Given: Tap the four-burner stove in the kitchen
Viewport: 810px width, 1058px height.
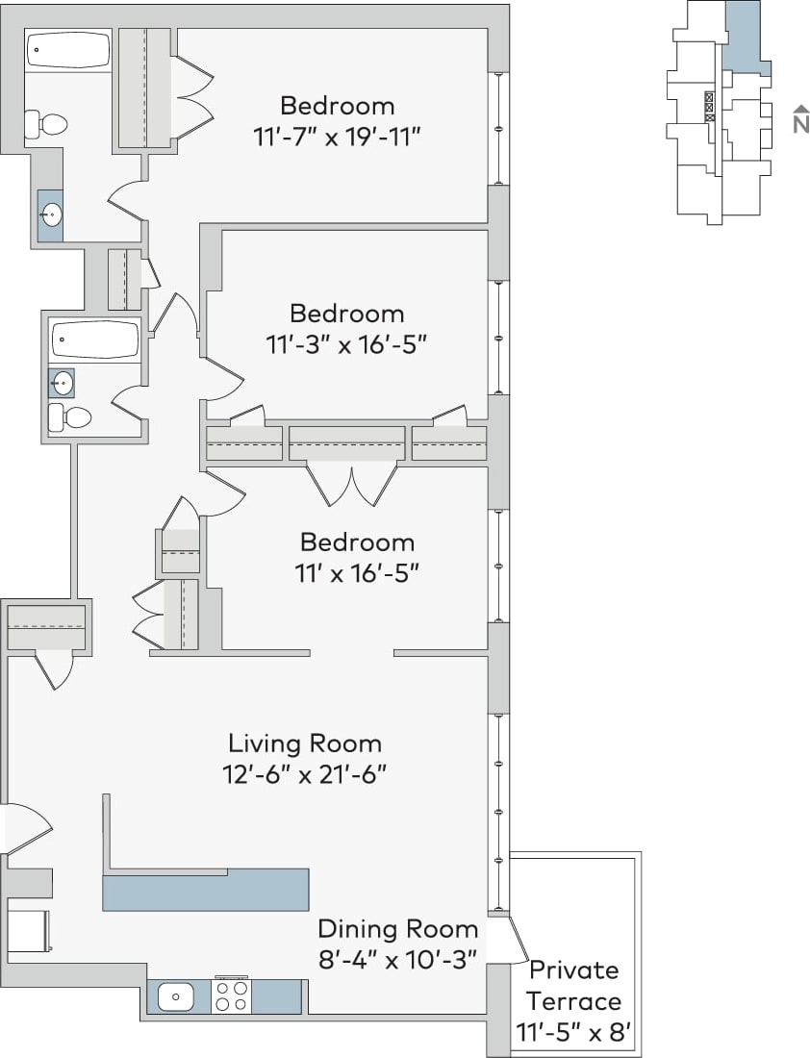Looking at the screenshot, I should (x=231, y=995).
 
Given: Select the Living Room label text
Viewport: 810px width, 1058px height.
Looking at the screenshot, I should (x=304, y=743).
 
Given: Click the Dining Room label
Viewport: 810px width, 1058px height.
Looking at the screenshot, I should (x=397, y=928).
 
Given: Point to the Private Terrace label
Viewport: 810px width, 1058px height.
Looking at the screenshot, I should (x=574, y=985).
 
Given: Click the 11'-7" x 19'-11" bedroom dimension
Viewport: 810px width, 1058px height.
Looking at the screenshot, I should (x=338, y=137).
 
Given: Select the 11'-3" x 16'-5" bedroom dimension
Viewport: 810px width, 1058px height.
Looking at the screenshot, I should (x=345, y=344).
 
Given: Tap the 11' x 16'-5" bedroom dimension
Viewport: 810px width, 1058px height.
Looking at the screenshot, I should (x=356, y=573).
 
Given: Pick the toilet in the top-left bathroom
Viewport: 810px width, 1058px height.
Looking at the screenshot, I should (x=47, y=124).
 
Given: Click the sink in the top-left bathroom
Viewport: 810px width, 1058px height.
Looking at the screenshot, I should (x=51, y=214).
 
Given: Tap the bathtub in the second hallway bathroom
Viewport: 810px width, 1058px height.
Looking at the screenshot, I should (x=95, y=340).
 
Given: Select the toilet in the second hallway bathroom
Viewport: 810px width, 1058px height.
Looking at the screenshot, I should (x=69, y=416).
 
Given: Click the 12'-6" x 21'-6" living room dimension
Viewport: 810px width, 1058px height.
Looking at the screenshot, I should (x=308, y=774).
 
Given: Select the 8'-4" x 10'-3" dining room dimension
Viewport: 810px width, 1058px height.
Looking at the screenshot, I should (x=397, y=959).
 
